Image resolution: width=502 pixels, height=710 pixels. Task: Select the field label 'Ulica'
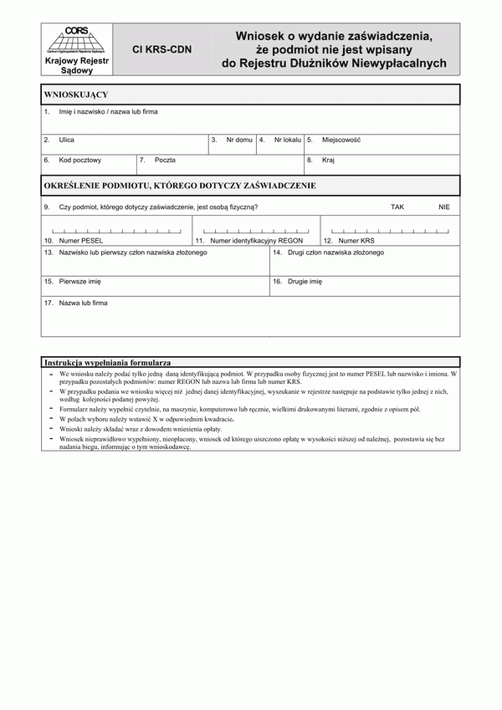(67, 140)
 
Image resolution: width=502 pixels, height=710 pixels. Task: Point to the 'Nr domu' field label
(239, 140)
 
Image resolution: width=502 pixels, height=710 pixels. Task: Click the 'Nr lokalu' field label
(287, 140)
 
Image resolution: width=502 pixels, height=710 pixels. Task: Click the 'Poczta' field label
(165, 160)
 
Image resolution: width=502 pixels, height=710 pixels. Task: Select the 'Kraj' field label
(328, 160)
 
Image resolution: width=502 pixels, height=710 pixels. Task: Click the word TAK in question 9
(397, 207)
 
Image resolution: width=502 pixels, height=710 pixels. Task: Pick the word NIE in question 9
(443, 207)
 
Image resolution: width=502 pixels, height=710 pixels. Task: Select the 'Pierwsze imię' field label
(80, 283)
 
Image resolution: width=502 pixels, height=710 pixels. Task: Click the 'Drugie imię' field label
(305, 283)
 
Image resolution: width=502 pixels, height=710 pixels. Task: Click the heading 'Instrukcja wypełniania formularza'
(108, 363)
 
